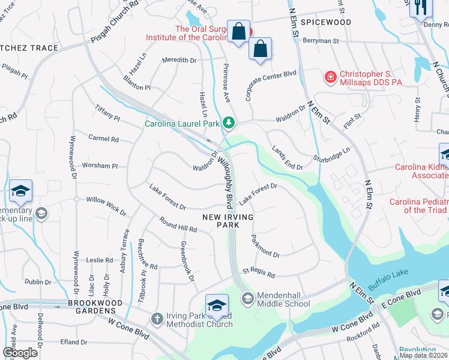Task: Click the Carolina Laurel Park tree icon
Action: click(228, 124)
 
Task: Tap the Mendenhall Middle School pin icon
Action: click(247, 298)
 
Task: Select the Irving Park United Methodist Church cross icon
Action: click(157, 319)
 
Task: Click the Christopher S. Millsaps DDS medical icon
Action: click(330, 77)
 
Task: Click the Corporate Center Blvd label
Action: click(271, 85)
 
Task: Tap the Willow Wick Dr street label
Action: click(106, 205)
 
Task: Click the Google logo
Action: click(20, 353)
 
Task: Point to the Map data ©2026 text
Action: click(423, 355)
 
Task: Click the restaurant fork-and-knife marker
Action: click(419, 7)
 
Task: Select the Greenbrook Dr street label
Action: click(188, 261)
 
